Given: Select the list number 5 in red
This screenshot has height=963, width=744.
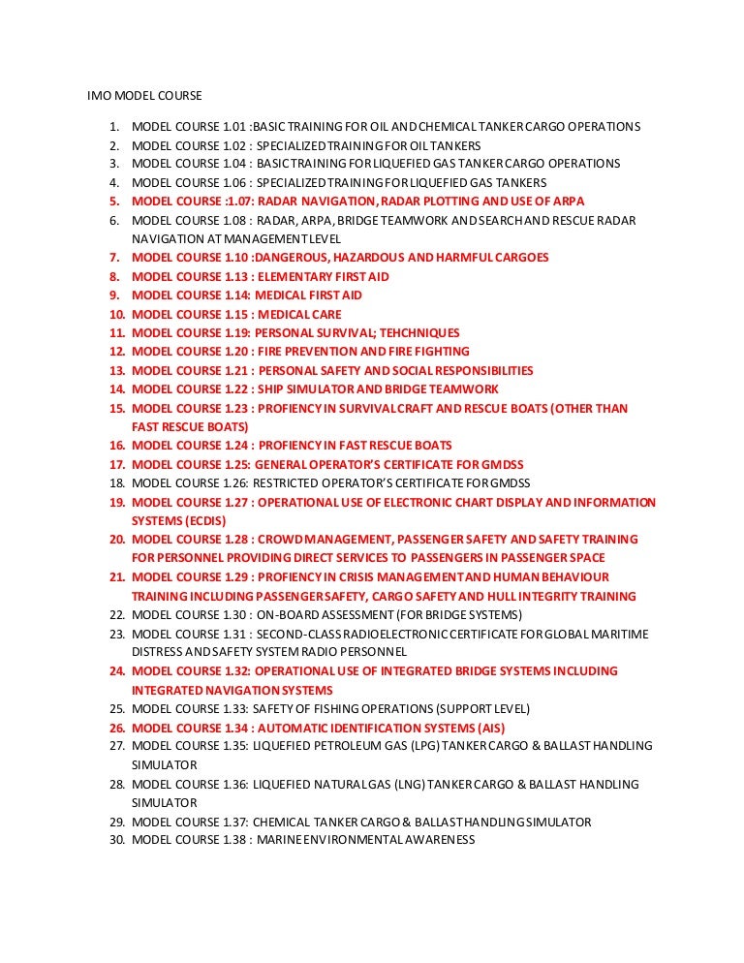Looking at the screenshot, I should click(113, 202).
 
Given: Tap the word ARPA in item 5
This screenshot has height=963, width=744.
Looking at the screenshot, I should click(569, 202).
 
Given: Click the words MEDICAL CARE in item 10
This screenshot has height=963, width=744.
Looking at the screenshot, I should click(301, 315).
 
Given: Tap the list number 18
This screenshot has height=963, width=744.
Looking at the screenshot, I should click(116, 483).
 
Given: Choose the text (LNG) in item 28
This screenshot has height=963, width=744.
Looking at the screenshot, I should click(410, 785).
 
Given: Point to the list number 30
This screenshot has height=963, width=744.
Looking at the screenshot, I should click(116, 841).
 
